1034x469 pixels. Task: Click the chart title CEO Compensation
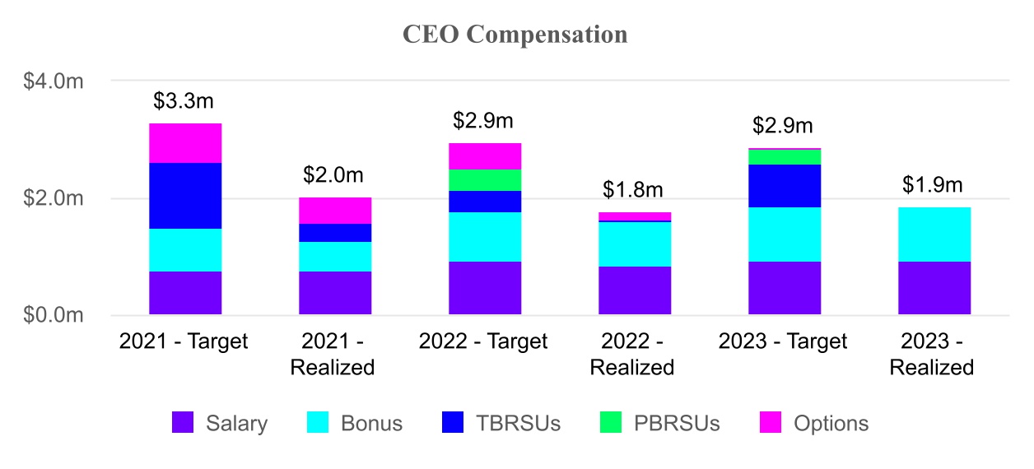[x=515, y=35]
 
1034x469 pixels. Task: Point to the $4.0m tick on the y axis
[x=53, y=81]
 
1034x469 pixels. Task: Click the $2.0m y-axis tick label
[x=53, y=198]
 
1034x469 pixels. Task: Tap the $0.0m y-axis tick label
[x=53, y=315]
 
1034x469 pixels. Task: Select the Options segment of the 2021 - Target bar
[x=185, y=143]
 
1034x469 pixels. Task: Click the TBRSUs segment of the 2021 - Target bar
[x=185, y=196]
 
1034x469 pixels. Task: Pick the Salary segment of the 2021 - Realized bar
[x=335, y=293]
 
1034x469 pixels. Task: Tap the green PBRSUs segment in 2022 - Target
[x=485, y=180]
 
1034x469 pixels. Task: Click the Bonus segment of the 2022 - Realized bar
[x=635, y=244]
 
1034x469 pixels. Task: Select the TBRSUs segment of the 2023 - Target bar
[x=785, y=186]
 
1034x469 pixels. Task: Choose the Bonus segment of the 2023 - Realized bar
[x=934, y=234]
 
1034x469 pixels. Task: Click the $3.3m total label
[x=184, y=101]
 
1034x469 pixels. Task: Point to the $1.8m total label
[x=633, y=190]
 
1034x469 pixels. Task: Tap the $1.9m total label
[x=933, y=184]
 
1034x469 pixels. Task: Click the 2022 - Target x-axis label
[x=483, y=341]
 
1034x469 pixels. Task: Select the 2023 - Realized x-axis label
[x=932, y=354]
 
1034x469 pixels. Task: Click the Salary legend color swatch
[x=183, y=423]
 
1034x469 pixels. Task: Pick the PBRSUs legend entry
[x=659, y=423]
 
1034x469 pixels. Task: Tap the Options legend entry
[x=813, y=423]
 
